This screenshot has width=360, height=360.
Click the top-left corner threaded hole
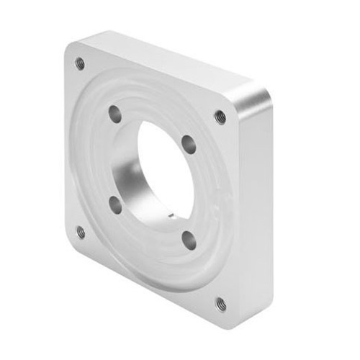click(80, 63)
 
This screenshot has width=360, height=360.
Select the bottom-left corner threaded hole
click(81, 232)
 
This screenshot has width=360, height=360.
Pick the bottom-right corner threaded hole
click(220, 304)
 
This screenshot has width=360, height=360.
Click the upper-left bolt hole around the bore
click(114, 113)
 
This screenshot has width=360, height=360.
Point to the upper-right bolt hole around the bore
click(189, 144)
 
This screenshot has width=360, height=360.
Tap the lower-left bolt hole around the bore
click(115, 205)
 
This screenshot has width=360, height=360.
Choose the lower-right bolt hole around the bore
click(189, 240)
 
